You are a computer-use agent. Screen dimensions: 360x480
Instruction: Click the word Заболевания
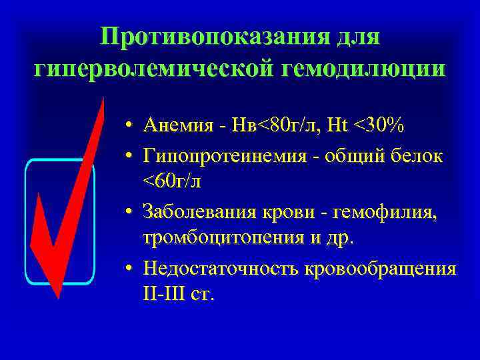[x=207, y=213]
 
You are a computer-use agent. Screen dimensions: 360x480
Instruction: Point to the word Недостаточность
[x=220, y=268]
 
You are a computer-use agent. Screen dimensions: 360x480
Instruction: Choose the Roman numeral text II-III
[x=165, y=295]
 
